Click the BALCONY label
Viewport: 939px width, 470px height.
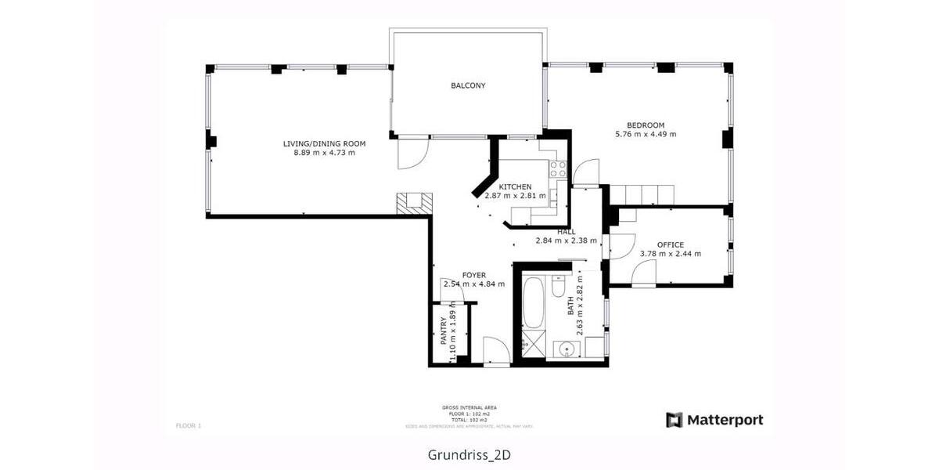pyautogui.click(x=468, y=85)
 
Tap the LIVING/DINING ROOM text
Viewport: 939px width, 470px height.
pyautogui.click(x=324, y=143)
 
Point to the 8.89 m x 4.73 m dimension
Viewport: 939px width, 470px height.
pyautogui.click(x=324, y=153)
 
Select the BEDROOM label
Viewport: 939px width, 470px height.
pyautogui.click(x=645, y=125)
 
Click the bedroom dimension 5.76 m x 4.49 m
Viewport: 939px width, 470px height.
pyautogui.click(x=645, y=135)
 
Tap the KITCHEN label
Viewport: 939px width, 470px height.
pyautogui.click(x=515, y=186)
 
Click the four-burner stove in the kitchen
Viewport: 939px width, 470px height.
pyautogui.click(x=557, y=168)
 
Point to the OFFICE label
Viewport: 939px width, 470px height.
pyautogui.click(x=670, y=244)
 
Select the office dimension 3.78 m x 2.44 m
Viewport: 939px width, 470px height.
pyautogui.click(x=670, y=254)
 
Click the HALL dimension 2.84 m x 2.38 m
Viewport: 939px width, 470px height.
pyautogui.click(x=566, y=241)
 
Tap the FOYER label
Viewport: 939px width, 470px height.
pyautogui.click(x=473, y=275)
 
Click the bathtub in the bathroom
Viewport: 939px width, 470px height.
pyautogui.click(x=532, y=302)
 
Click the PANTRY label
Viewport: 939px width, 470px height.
pyautogui.click(x=443, y=331)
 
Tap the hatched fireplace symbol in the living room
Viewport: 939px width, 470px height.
pyautogui.click(x=412, y=202)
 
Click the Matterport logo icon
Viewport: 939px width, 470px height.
pyautogui.click(x=674, y=420)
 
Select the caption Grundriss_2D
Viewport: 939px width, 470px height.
pyautogui.click(x=469, y=454)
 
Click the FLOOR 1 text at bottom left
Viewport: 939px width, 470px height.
pyautogui.click(x=189, y=425)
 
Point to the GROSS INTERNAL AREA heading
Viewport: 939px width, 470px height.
pyautogui.click(x=469, y=407)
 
